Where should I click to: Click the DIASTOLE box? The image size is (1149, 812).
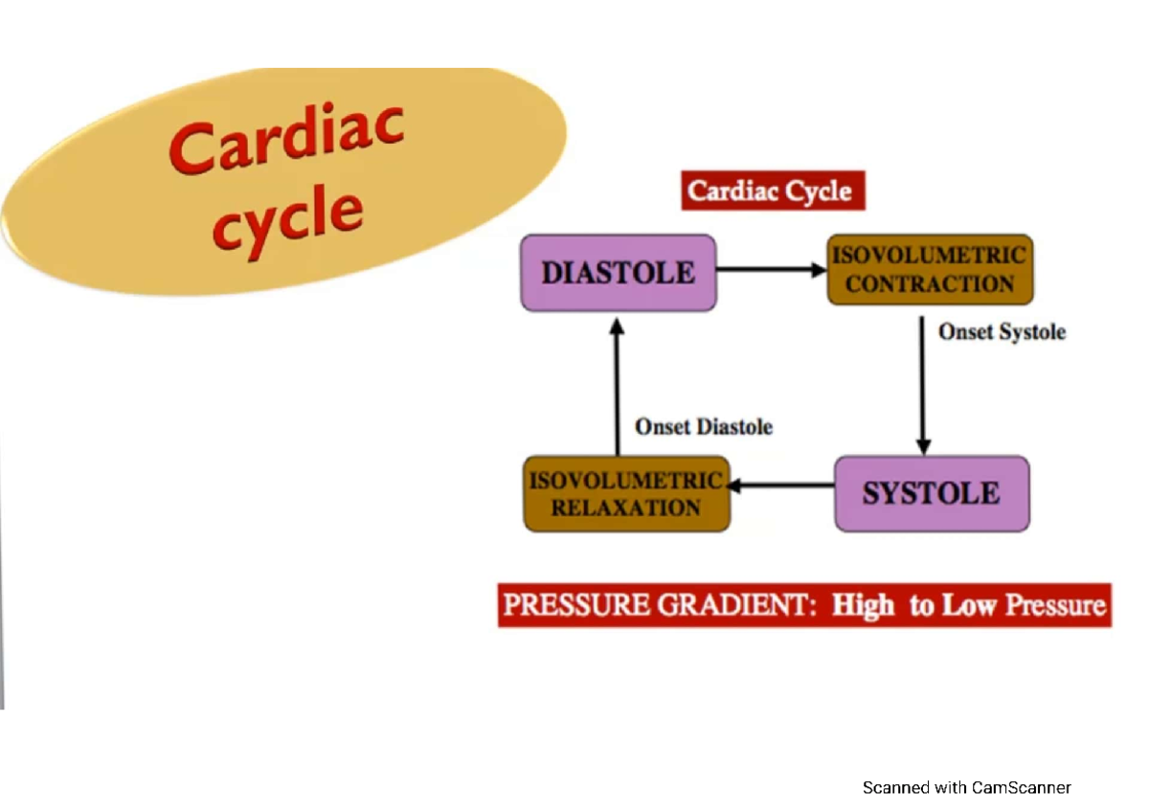click(x=618, y=273)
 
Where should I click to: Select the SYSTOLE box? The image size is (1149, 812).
click(x=932, y=494)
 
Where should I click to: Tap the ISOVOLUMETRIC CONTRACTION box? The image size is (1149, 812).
click(x=930, y=270)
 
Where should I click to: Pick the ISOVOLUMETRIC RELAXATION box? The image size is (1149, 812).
click(x=626, y=494)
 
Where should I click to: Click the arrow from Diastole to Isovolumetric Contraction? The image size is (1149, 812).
click(x=770, y=271)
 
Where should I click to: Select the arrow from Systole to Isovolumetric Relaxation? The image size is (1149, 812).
click(x=781, y=486)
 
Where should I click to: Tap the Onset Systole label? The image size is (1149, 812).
click(x=1002, y=332)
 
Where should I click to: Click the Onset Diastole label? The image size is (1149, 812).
click(x=704, y=427)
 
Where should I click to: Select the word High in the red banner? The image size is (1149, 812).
click(x=864, y=606)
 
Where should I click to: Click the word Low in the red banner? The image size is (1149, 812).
click(x=968, y=606)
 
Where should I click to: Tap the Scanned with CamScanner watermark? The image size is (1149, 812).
click(x=966, y=788)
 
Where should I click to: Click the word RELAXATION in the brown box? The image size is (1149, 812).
click(x=626, y=508)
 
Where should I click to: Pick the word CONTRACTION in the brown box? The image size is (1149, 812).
click(x=930, y=284)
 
